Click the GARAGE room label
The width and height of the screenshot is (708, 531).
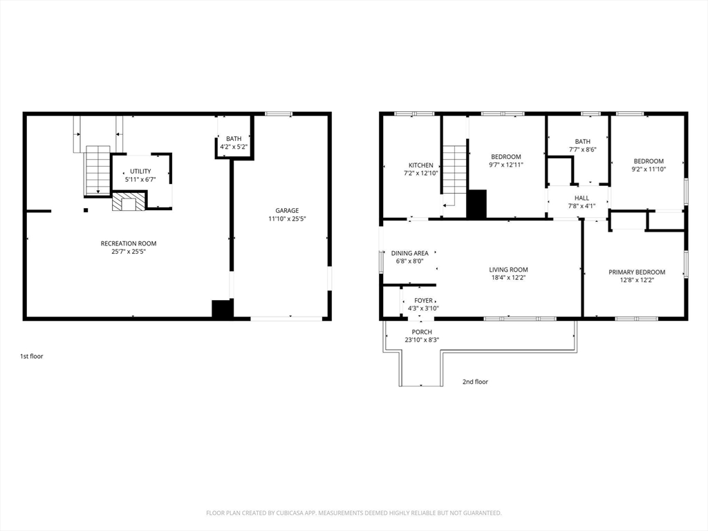[x=287, y=210]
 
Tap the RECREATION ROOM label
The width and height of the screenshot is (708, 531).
[x=129, y=243]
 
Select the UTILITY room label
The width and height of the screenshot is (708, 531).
[x=140, y=171]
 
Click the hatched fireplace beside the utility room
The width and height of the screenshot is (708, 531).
[x=129, y=201]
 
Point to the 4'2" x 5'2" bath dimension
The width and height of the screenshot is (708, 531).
[x=234, y=147]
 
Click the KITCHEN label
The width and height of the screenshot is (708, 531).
[x=421, y=165]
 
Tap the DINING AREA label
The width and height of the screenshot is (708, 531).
[x=410, y=253]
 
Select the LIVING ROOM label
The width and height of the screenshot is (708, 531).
[x=508, y=270]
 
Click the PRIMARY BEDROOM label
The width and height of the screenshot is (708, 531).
[x=637, y=272]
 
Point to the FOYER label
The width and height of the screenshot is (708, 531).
[x=424, y=300]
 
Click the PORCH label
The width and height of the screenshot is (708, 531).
[x=422, y=332]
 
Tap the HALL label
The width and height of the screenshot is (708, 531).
[x=581, y=198]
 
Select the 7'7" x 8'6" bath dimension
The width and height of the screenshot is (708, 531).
[x=582, y=149]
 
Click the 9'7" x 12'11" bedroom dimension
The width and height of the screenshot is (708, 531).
[x=506, y=165]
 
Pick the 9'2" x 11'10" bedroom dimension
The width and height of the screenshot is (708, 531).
[x=649, y=169]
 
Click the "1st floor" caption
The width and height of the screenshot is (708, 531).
[x=32, y=356]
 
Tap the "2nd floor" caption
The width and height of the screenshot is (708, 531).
[x=475, y=382]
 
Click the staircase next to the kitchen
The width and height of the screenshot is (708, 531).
[x=454, y=176]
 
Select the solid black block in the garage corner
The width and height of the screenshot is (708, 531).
[x=223, y=309]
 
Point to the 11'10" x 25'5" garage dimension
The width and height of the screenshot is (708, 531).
[x=287, y=218]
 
